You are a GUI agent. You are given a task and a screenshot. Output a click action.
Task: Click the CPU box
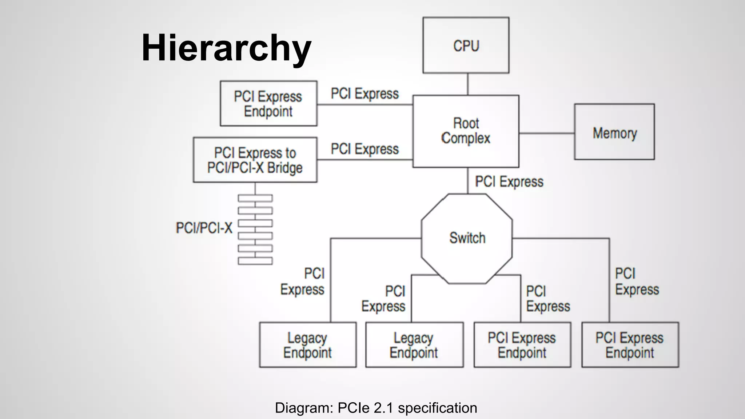click(x=466, y=45)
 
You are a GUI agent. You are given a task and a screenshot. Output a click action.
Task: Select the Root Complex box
click(x=466, y=131)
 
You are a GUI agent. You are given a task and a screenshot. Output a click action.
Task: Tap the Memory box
click(x=614, y=132)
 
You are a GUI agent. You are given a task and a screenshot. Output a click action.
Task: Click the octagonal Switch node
click(x=467, y=238)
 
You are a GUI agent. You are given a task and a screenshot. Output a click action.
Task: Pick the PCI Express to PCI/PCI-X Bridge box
click(x=255, y=160)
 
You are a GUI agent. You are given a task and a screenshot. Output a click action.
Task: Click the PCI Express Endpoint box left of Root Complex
click(x=268, y=104)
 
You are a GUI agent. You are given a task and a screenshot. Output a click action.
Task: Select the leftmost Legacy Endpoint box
click(x=308, y=345)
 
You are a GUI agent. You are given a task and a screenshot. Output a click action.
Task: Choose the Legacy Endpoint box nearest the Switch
click(x=414, y=345)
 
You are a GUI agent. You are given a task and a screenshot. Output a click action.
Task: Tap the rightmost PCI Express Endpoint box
click(x=630, y=345)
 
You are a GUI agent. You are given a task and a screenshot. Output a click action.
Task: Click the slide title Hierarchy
click(x=226, y=48)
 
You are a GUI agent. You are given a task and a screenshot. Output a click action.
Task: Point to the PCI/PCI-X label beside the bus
click(x=204, y=228)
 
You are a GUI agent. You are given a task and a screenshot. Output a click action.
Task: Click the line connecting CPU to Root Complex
click(x=467, y=84)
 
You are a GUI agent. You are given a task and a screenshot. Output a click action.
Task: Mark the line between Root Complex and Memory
click(x=546, y=133)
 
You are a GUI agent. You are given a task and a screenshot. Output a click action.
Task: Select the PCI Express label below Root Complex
click(x=509, y=181)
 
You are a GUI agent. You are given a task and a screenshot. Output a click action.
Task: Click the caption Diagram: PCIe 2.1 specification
click(x=376, y=408)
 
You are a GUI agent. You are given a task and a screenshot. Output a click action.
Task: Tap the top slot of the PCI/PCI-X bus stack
click(x=255, y=198)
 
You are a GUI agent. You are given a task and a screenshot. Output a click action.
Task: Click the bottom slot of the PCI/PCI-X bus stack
click(x=255, y=261)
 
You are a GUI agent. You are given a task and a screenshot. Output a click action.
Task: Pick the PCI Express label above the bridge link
click(x=364, y=149)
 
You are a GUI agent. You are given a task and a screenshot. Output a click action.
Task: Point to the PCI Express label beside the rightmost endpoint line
click(x=637, y=282)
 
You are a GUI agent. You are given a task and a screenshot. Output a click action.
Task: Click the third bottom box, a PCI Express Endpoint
click(x=522, y=345)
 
